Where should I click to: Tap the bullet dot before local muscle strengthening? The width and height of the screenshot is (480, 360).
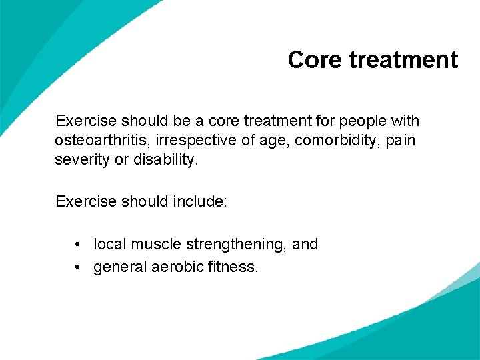79,245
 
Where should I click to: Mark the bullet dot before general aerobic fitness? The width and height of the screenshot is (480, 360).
79,267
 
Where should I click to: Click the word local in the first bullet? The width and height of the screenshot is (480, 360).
109,245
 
